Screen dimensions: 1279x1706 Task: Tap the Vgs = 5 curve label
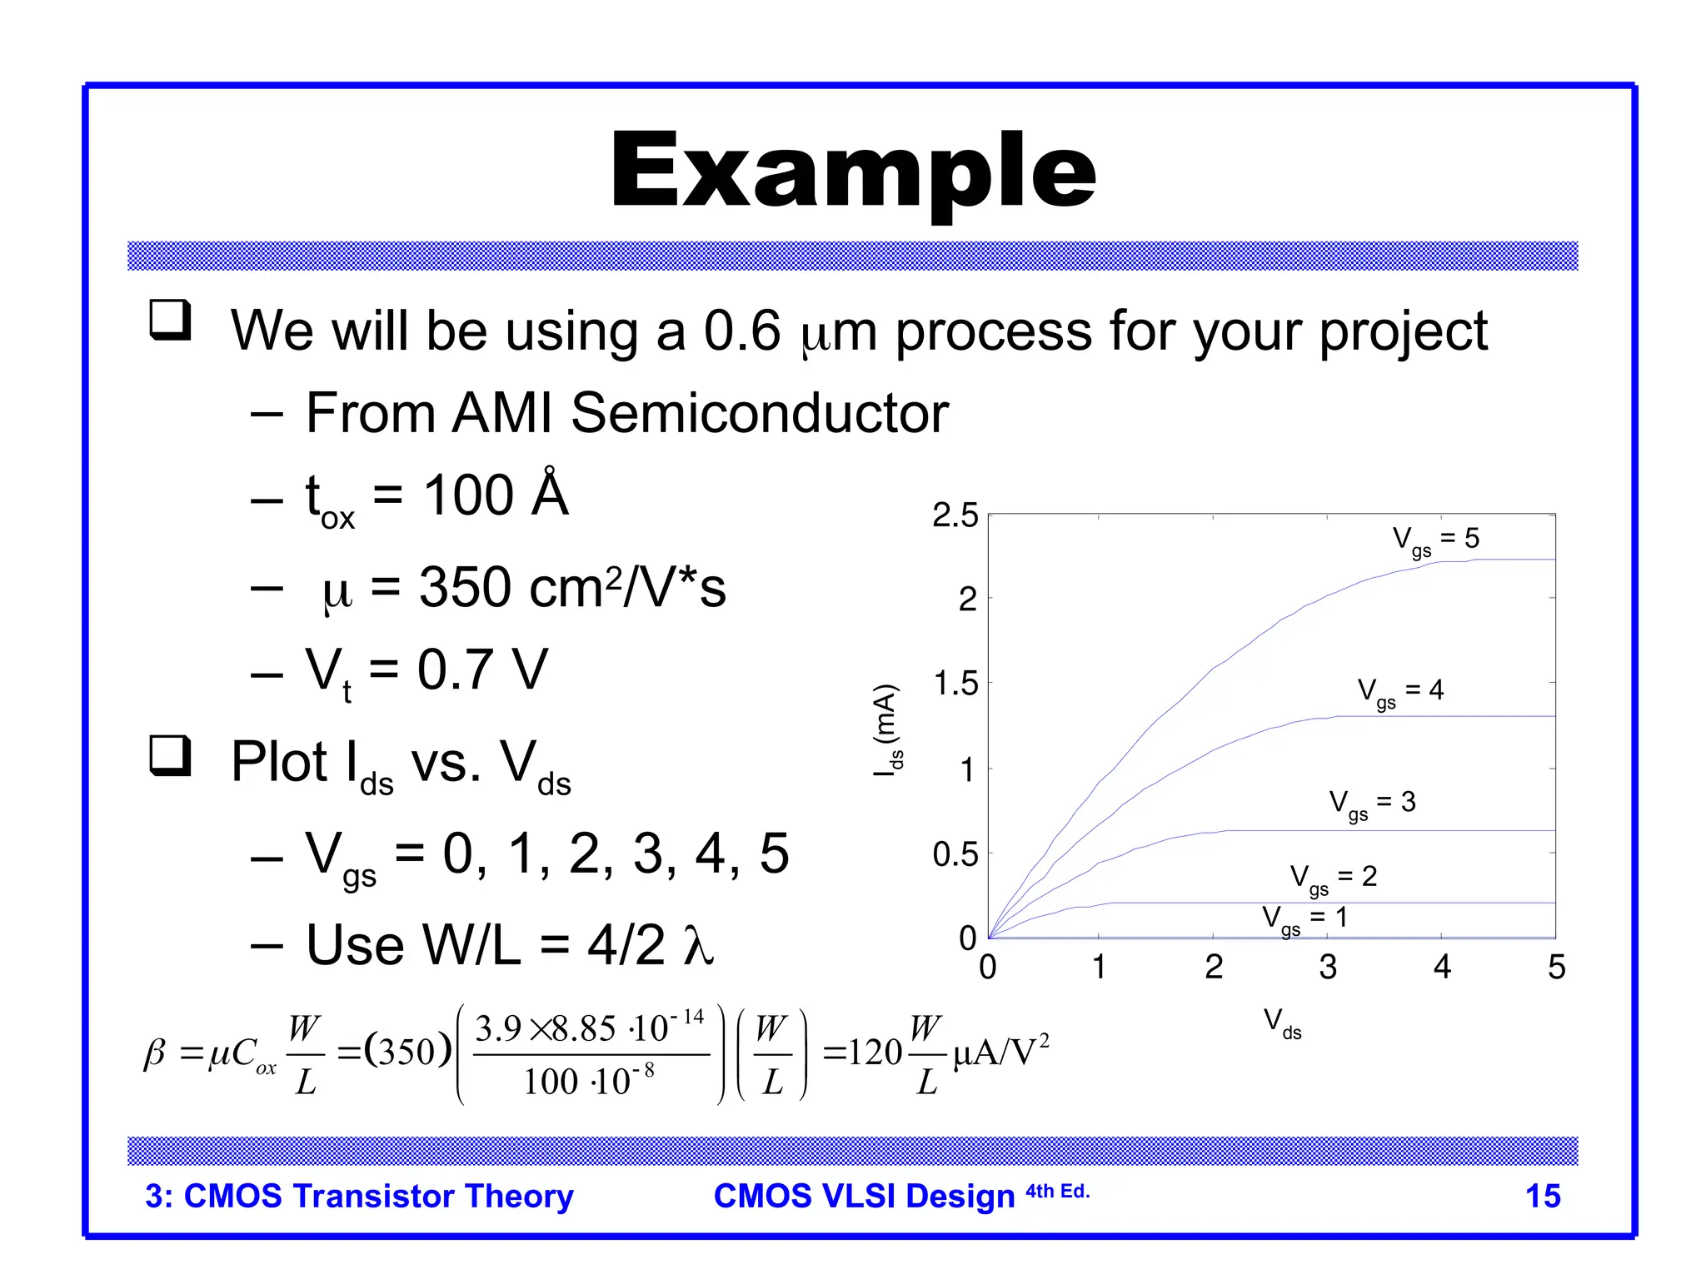click(x=1435, y=540)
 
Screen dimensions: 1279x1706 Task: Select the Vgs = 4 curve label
click(x=1399, y=691)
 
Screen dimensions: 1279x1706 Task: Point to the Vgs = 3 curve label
click(x=1371, y=804)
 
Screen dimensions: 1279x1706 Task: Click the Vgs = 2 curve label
click(x=1333, y=878)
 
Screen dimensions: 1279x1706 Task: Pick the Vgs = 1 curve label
click(x=1304, y=919)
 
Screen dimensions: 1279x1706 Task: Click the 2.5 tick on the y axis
click(x=955, y=515)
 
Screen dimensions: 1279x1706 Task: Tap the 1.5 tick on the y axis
click(x=955, y=684)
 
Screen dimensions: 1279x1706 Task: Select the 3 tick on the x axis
click(x=1328, y=967)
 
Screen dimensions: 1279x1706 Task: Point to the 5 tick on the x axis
click(x=1556, y=967)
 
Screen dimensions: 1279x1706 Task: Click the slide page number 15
click(x=1542, y=1196)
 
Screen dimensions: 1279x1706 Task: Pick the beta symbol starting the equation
click(x=155, y=1054)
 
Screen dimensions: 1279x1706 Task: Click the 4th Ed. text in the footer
click(x=1057, y=1192)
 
